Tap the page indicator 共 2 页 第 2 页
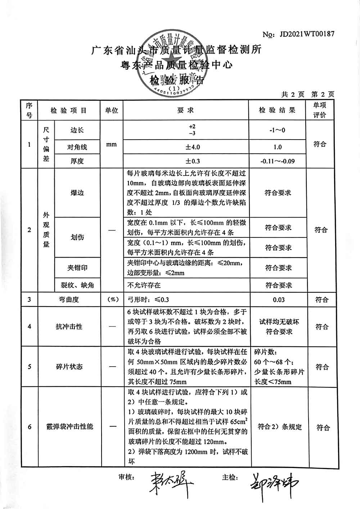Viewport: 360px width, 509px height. (308, 94)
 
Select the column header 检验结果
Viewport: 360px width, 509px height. (277, 110)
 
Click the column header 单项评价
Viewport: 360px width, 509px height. (319, 110)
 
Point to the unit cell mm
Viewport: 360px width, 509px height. (112, 144)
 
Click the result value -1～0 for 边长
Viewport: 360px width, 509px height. (277, 130)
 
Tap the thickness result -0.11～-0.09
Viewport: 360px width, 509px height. (277, 161)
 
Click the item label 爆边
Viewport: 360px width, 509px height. (77, 192)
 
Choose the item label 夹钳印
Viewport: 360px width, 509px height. (77, 268)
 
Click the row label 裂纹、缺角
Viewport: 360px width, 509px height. (77, 285)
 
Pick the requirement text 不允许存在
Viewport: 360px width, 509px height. (144, 285)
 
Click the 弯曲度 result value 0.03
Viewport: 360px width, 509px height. (278, 300)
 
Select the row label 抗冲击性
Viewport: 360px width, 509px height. (69, 327)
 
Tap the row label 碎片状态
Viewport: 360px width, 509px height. (69, 367)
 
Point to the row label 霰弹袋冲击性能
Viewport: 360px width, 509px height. (70, 427)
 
